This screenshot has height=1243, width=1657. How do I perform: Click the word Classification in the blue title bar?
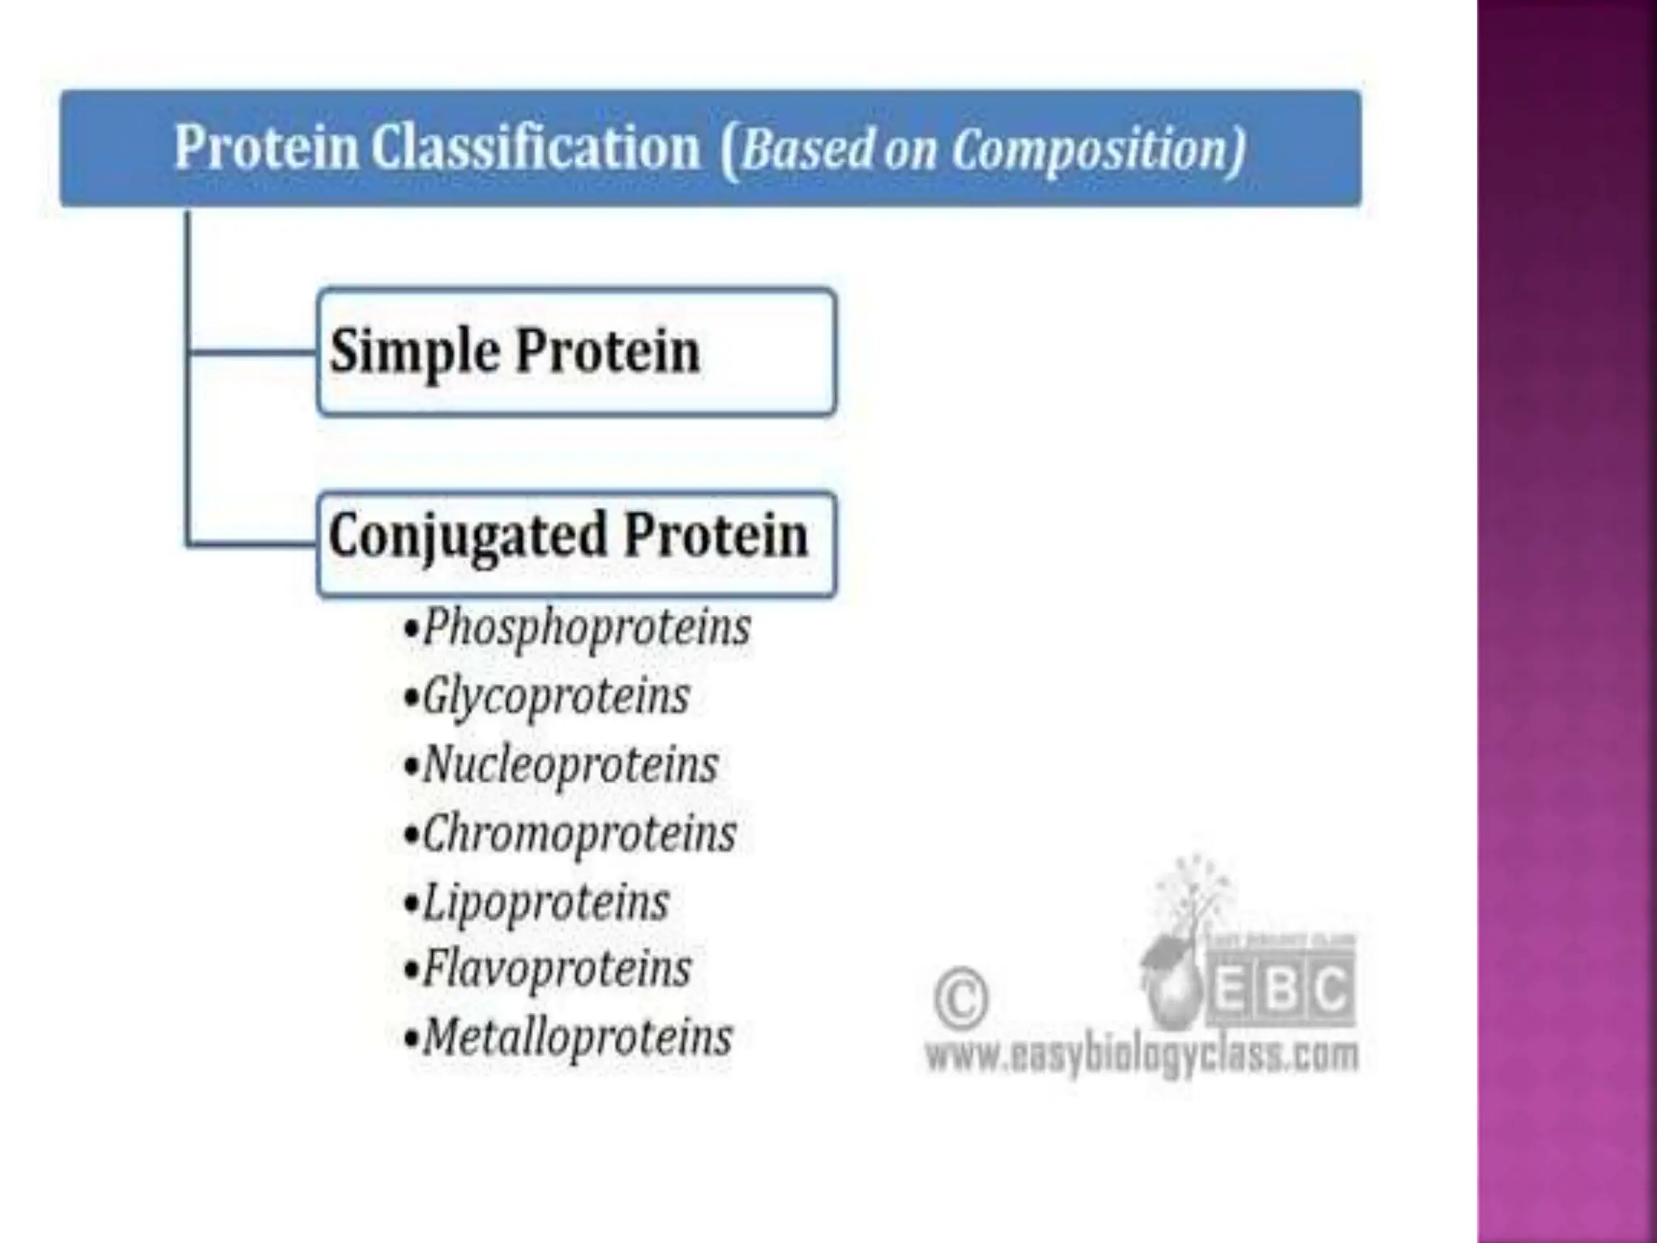[x=535, y=148]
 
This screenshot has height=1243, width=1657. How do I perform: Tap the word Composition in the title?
[x=1096, y=151]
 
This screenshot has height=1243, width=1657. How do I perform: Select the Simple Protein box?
[x=576, y=353]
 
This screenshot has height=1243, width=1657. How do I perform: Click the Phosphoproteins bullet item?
[x=586, y=628]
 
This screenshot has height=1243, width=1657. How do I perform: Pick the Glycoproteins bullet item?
[x=555, y=697]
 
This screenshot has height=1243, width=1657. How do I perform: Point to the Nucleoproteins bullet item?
[x=570, y=765]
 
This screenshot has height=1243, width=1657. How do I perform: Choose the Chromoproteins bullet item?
[x=578, y=834]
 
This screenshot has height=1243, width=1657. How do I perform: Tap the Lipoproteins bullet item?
[x=545, y=902]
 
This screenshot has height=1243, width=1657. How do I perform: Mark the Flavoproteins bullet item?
[x=557, y=969]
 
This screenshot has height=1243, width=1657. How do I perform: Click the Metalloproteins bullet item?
[x=577, y=1037]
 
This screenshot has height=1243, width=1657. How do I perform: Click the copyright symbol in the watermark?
[x=960, y=999]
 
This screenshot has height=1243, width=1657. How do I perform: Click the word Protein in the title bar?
[x=266, y=148]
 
